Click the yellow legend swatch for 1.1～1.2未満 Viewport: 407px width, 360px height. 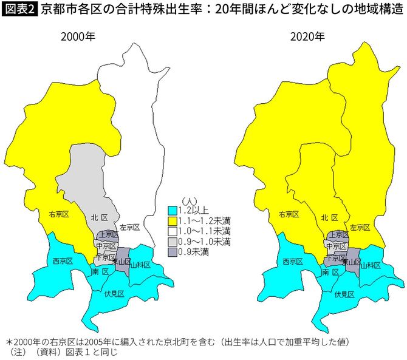click(x=173, y=220)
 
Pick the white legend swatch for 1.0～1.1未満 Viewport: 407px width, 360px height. click(x=173, y=231)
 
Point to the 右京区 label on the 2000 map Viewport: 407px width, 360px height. click(x=59, y=214)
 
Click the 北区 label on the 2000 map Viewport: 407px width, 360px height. click(x=99, y=217)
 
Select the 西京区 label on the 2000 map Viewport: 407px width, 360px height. click(x=63, y=261)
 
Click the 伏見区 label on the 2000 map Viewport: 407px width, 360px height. click(x=114, y=294)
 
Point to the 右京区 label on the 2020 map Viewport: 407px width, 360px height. click(x=289, y=214)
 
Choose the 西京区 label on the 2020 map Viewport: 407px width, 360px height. click(x=292, y=262)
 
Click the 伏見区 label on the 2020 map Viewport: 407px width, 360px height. click(x=344, y=294)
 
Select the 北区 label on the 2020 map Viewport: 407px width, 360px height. click(x=329, y=217)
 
